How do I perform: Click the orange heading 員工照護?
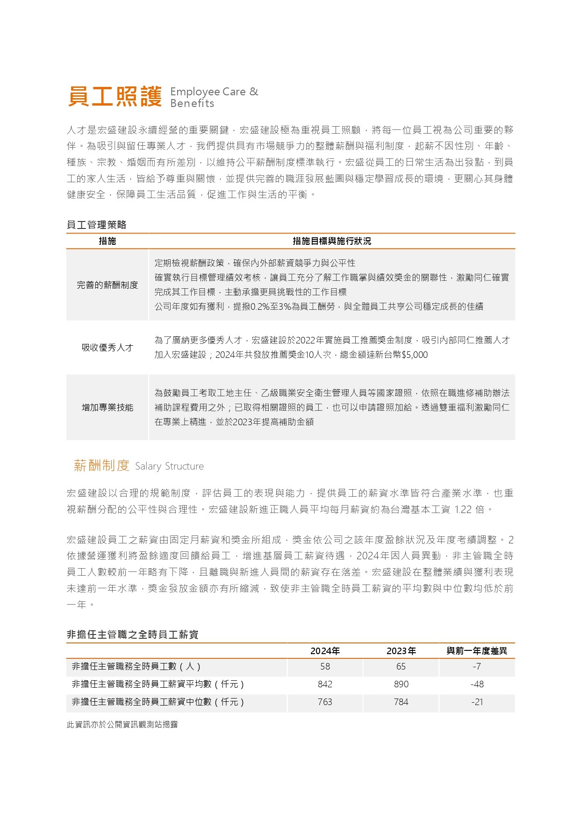[x=115, y=97]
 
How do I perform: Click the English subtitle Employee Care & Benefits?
[x=214, y=97]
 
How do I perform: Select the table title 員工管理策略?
[x=97, y=225]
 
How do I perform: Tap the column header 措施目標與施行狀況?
[x=331, y=241]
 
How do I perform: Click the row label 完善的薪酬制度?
[x=107, y=285]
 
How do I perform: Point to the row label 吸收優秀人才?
[x=107, y=348]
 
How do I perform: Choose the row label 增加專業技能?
[x=107, y=407]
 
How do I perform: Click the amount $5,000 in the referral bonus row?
[x=415, y=355]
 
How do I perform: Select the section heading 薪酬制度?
[x=101, y=465]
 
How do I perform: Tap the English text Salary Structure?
[x=169, y=466]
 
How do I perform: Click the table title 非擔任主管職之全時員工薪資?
[x=133, y=635]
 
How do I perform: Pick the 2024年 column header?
[x=325, y=651]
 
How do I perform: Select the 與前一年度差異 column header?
[x=477, y=651]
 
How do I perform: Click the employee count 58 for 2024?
[x=325, y=667]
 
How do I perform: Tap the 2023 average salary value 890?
[x=401, y=685]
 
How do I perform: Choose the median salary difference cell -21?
[x=477, y=702]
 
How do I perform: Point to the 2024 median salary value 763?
[x=325, y=702]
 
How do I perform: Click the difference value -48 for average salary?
[x=477, y=685]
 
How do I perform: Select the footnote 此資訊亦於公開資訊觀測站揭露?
[x=122, y=725]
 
